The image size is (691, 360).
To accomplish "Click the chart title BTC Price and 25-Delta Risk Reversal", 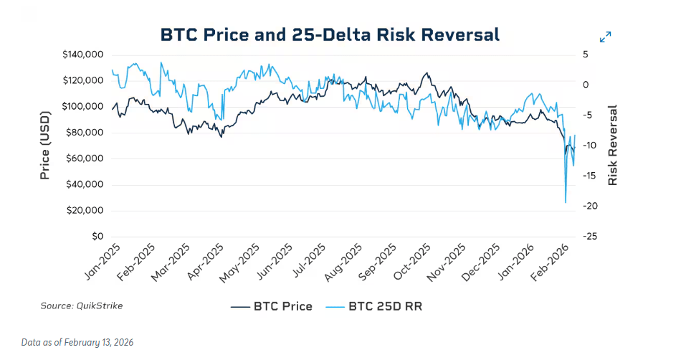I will click(x=329, y=34).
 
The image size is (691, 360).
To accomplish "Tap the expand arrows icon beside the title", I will click(x=605, y=37).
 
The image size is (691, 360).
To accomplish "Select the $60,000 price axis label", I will click(x=87, y=158).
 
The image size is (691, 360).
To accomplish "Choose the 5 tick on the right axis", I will click(x=585, y=55).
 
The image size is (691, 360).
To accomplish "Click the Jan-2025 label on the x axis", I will click(x=103, y=262).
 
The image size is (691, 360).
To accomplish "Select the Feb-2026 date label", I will click(x=553, y=262).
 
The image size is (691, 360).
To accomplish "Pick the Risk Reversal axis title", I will click(x=612, y=146).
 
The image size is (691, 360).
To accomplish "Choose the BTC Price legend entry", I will click(x=272, y=306).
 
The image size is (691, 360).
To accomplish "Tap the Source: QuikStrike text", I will click(x=82, y=305).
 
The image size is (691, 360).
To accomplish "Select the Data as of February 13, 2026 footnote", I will click(x=77, y=343).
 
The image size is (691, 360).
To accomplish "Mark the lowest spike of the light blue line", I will click(x=566, y=202).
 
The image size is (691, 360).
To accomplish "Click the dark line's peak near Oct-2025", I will click(x=427, y=72).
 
